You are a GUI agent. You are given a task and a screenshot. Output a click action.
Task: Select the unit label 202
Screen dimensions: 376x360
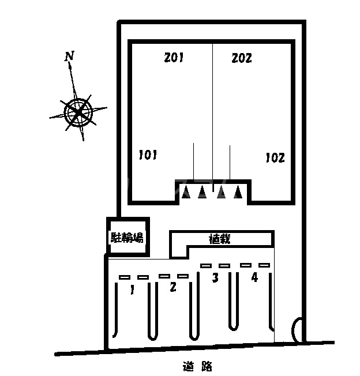[242, 58]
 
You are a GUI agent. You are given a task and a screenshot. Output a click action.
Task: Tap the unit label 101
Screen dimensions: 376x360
[148, 155]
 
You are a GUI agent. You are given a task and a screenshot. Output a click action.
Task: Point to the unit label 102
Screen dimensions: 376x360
[275, 157]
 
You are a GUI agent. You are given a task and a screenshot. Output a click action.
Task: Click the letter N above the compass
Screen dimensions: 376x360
[69, 56]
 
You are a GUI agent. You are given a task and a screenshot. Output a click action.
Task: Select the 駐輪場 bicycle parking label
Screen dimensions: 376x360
[127, 236]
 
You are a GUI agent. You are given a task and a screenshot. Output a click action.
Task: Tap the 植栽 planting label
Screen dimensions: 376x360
[220, 238]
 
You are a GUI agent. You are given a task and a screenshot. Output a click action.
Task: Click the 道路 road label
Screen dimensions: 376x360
[197, 365]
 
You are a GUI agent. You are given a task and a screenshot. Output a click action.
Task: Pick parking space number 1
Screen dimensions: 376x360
[132, 290]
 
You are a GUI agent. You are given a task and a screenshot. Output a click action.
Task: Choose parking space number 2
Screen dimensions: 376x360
[172, 287]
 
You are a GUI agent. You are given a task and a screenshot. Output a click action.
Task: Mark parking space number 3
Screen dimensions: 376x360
[215, 278]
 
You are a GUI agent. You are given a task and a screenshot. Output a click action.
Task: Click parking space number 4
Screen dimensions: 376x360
[254, 277]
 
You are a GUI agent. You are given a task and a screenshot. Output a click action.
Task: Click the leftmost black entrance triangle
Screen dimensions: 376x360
[185, 193]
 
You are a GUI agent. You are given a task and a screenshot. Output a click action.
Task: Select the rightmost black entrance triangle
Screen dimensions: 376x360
[237, 193]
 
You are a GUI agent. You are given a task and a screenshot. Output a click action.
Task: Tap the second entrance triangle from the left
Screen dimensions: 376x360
[202, 193]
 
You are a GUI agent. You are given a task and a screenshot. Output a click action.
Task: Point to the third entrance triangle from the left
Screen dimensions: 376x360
[220, 193]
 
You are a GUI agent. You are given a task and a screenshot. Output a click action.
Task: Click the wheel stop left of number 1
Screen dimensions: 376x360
[125, 277]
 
